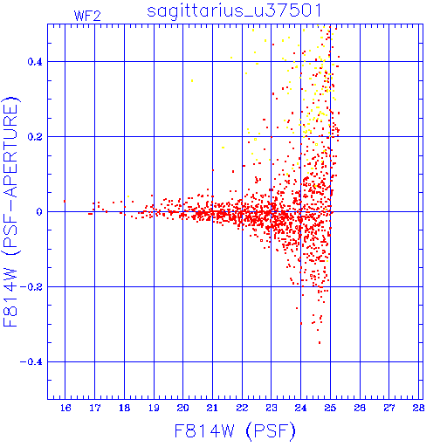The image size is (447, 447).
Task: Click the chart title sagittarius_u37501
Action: click(234, 11)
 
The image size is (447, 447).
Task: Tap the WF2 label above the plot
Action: click(87, 16)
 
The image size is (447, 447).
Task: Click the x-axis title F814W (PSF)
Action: click(235, 431)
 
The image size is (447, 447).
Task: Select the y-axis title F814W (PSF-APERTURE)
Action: click(11, 212)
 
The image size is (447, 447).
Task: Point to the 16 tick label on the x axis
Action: click(65, 408)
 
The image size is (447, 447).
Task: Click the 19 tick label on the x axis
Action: click(154, 408)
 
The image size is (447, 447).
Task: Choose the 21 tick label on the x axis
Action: click(212, 408)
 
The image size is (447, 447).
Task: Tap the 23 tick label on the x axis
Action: click(272, 408)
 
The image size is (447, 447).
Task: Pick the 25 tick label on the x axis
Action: click(330, 408)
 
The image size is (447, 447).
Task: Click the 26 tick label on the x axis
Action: click(360, 408)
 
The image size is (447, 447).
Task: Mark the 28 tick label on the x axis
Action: click(418, 408)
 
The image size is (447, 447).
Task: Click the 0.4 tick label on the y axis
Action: click(35, 62)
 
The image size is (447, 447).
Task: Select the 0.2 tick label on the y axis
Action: click(35, 137)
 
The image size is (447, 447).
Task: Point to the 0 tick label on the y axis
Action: click(39, 212)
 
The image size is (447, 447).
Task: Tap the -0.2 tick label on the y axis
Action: click(31, 287)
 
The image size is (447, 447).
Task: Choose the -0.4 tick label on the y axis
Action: click(31, 362)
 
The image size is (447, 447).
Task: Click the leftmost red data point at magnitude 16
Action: click(65, 201)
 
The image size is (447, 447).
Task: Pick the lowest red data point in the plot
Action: click(320, 343)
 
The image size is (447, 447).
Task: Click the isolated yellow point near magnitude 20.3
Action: click(192, 81)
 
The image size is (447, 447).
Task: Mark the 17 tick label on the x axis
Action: click(95, 408)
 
